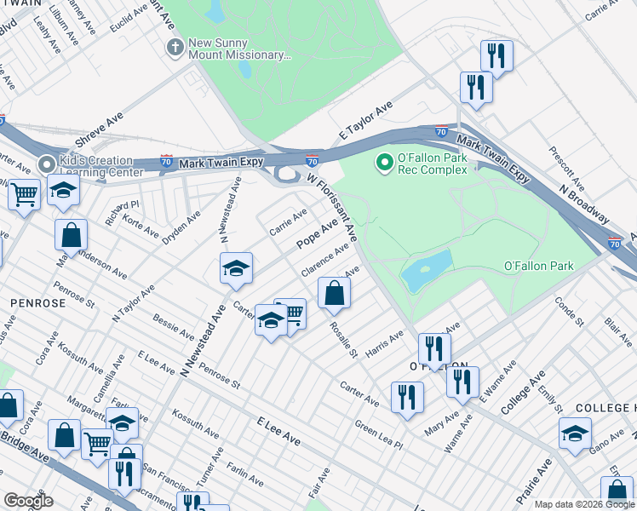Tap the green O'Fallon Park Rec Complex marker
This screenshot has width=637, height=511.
tap(385, 159)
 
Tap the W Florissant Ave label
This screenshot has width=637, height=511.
tap(331, 206)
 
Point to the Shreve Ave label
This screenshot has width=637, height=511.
tap(100, 132)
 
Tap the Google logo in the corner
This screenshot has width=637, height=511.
tap(28, 500)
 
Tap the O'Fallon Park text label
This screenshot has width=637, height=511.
tap(538, 266)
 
